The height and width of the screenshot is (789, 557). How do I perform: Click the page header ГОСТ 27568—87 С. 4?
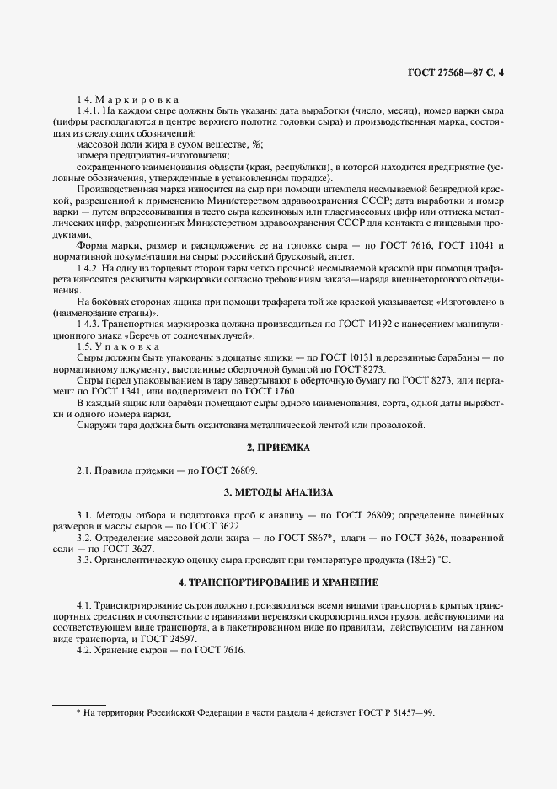tap(456, 72)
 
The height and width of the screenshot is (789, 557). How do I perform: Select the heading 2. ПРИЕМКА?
tap(278, 448)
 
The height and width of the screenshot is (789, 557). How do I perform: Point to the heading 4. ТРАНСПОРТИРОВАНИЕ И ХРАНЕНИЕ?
tap(278, 582)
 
